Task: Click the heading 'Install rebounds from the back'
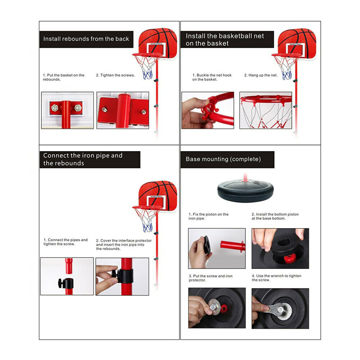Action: click(86, 39)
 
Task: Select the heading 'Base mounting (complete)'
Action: click(223, 159)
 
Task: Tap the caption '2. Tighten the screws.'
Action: click(115, 75)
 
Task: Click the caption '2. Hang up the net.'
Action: click(261, 75)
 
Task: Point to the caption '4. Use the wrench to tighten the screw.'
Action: click(276, 278)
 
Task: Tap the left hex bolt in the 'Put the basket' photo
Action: click(55, 108)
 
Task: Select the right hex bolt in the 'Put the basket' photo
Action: click(78, 107)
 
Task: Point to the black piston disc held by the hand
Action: click(206, 244)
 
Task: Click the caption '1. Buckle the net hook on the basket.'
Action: click(212, 77)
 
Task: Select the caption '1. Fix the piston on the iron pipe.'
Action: click(208, 216)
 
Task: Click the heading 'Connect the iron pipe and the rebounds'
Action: click(83, 159)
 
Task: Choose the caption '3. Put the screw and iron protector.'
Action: click(211, 278)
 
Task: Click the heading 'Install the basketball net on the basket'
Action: click(225, 40)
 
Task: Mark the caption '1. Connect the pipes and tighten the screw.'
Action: click(66, 242)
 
